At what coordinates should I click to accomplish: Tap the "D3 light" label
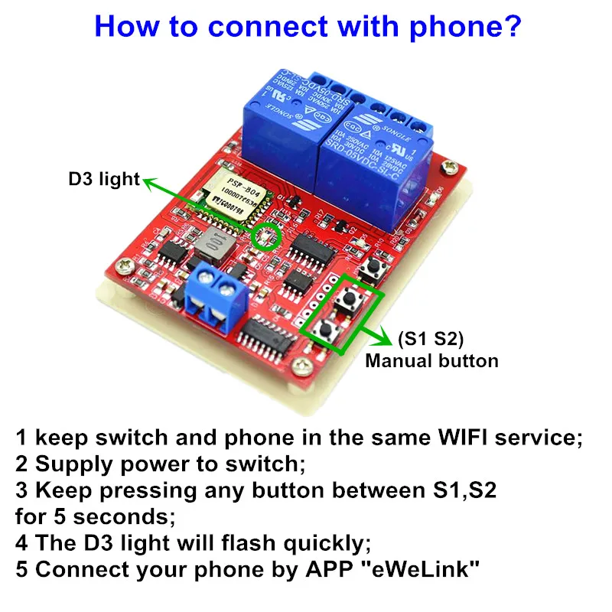[104, 180]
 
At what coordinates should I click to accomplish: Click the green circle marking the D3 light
[265, 236]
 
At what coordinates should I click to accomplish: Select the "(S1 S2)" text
[431, 338]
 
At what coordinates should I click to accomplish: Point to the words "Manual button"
[431, 360]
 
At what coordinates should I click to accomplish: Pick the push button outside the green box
[376, 268]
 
